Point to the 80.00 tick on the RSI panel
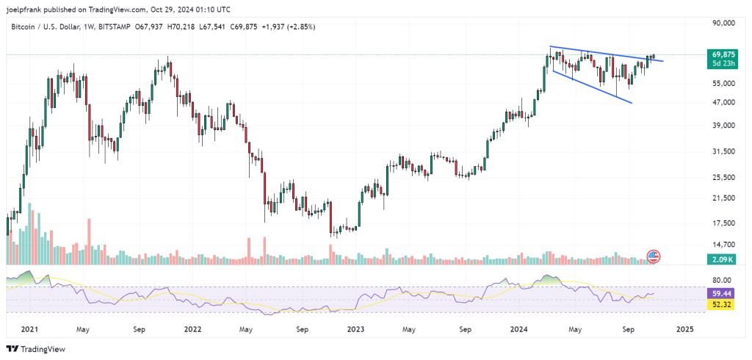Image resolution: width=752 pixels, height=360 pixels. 723,280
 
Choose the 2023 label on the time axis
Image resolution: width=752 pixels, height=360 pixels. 356,330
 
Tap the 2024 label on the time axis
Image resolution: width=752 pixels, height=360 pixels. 521,330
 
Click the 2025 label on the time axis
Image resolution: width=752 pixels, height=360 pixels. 683,330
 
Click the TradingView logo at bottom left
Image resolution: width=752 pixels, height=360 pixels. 37,349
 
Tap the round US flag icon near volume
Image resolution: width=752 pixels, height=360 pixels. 653,256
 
